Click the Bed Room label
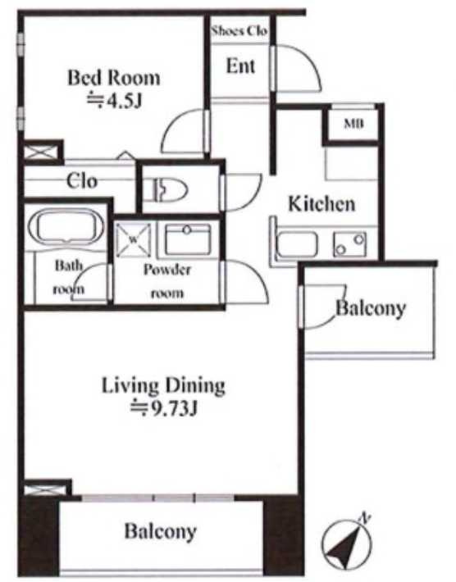click(x=114, y=78)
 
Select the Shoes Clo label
click(x=239, y=31)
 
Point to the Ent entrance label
click(x=240, y=66)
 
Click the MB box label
click(x=353, y=124)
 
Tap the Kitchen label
click(x=321, y=204)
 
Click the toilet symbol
click(x=170, y=189)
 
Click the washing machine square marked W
click(x=134, y=240)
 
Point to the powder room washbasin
click(x=188, y=240)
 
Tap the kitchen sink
click(x=298, y=243)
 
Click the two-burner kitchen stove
click(x=350, y=243)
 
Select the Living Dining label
click(x=163, y=386)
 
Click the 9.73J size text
click(x=163, y=409)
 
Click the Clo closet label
click(x=82, y=181)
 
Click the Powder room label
click(x=167, y=280)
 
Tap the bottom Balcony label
click(x=161, y=531)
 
